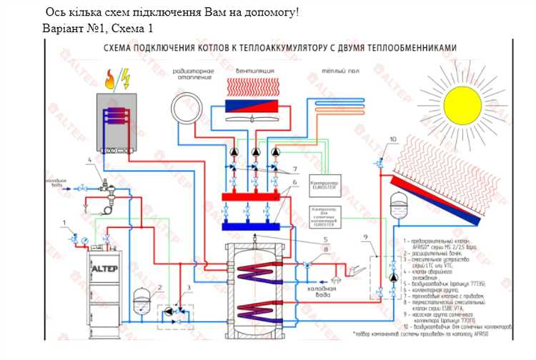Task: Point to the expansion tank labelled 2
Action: pyautogui.click(x=143, y=302)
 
